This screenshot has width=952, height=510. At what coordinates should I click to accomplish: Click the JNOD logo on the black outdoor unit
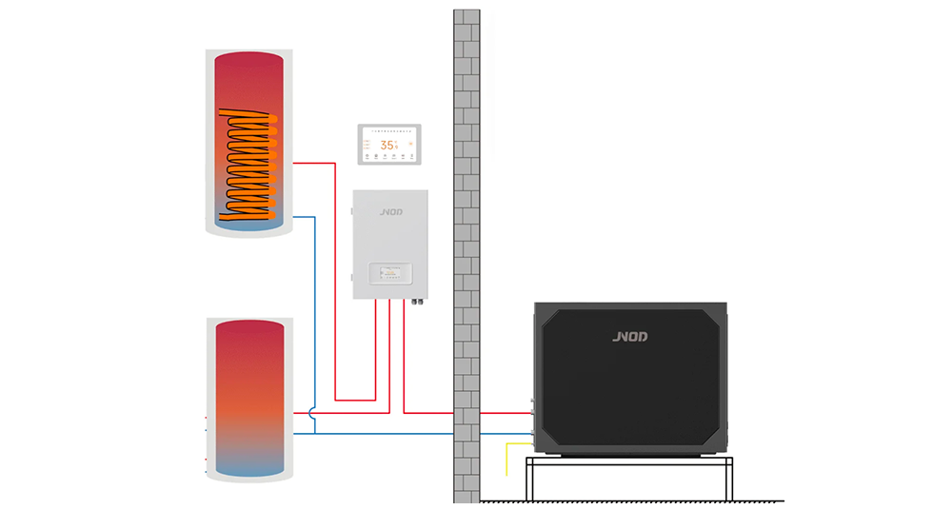pos(630,336)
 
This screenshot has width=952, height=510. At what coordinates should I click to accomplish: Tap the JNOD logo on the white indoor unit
pos(390,214)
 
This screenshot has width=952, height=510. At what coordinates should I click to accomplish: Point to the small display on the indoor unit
pos(390,274)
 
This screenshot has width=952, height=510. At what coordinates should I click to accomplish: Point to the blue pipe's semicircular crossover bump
pos(315,413)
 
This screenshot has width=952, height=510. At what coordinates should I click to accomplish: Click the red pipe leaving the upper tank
pos(314,163)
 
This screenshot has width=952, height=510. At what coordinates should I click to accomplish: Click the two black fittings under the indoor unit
pos(416,305)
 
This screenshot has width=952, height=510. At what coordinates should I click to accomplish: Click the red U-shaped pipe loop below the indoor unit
pos(356,398)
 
